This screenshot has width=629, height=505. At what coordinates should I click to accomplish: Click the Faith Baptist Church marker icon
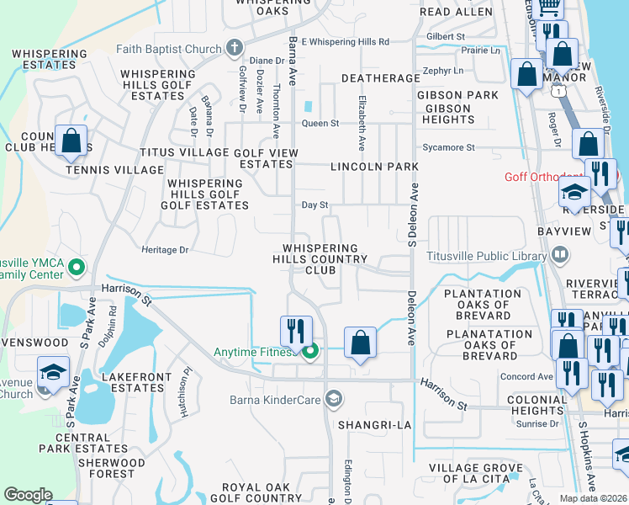pos(234,49)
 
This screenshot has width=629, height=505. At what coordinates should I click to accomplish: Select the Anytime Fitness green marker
pos(310,351)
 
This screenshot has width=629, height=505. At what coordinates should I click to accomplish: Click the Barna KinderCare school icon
pos(334,397)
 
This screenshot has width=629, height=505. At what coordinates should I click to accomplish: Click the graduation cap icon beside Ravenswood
pos(52,371)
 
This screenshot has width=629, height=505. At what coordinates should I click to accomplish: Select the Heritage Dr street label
pos(165,250)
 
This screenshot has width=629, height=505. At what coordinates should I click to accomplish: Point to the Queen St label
pos(320,123)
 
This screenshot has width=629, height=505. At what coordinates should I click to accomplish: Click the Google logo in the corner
pos(28,495)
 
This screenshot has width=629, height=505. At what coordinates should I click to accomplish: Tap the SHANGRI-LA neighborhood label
pos(374,425)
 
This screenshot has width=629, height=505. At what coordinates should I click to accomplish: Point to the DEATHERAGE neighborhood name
pos(380,78)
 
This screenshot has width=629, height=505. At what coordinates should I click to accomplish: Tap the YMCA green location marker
pos(77,268)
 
